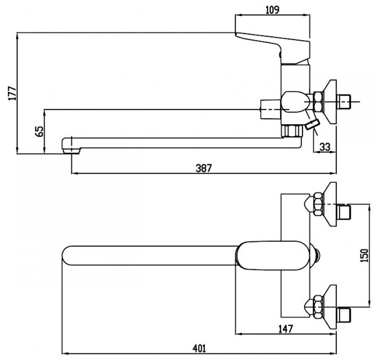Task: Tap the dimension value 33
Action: click(x=325, y=147)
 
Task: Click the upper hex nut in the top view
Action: click(x=317, y=205)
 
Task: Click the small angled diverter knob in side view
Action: click(x=313, y=124)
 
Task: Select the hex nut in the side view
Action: click(x=317, y=100)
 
